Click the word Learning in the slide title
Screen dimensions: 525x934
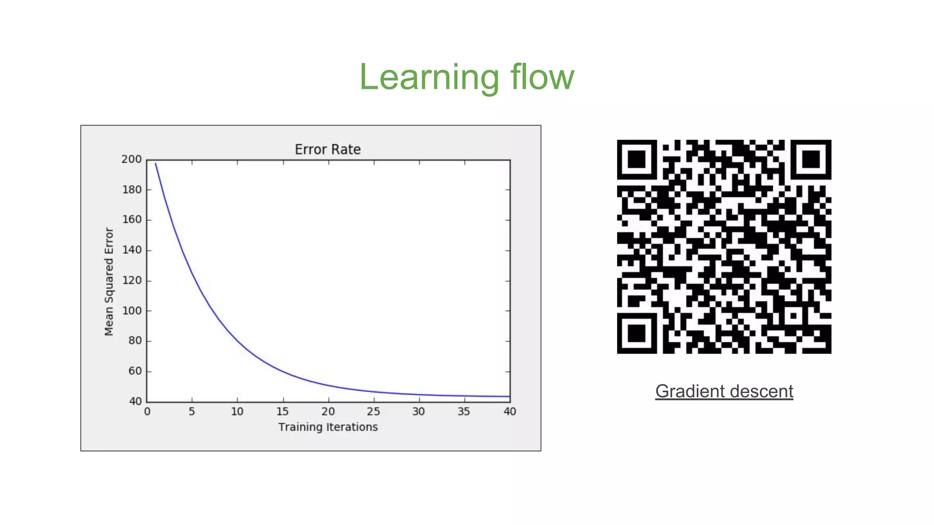(429, 77)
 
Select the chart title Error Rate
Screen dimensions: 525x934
(327, 149)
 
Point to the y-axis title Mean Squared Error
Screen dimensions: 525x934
(109, 282)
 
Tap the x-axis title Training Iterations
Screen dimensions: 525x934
(328, 427)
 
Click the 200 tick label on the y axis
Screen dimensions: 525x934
(131, 159)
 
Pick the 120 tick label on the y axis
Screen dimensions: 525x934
(132, 280)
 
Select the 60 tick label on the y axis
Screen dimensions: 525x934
(135, 371)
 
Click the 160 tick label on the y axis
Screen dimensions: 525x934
(132, 220)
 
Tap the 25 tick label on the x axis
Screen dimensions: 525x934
(373, 412)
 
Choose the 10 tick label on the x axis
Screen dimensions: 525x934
(237, 412)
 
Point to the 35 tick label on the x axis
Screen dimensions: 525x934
(463, 412)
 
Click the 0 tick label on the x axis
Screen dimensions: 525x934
(147, 412)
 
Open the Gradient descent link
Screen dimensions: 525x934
(724, 391)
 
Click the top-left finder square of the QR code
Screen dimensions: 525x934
(637, 160)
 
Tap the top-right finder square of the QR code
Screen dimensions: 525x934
(811, 160)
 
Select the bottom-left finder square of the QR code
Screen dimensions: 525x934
(637, 334)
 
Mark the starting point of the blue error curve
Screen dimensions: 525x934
(156, 164)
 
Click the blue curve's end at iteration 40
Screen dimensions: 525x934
(509, 396)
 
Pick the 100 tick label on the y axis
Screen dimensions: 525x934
(132, 310)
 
